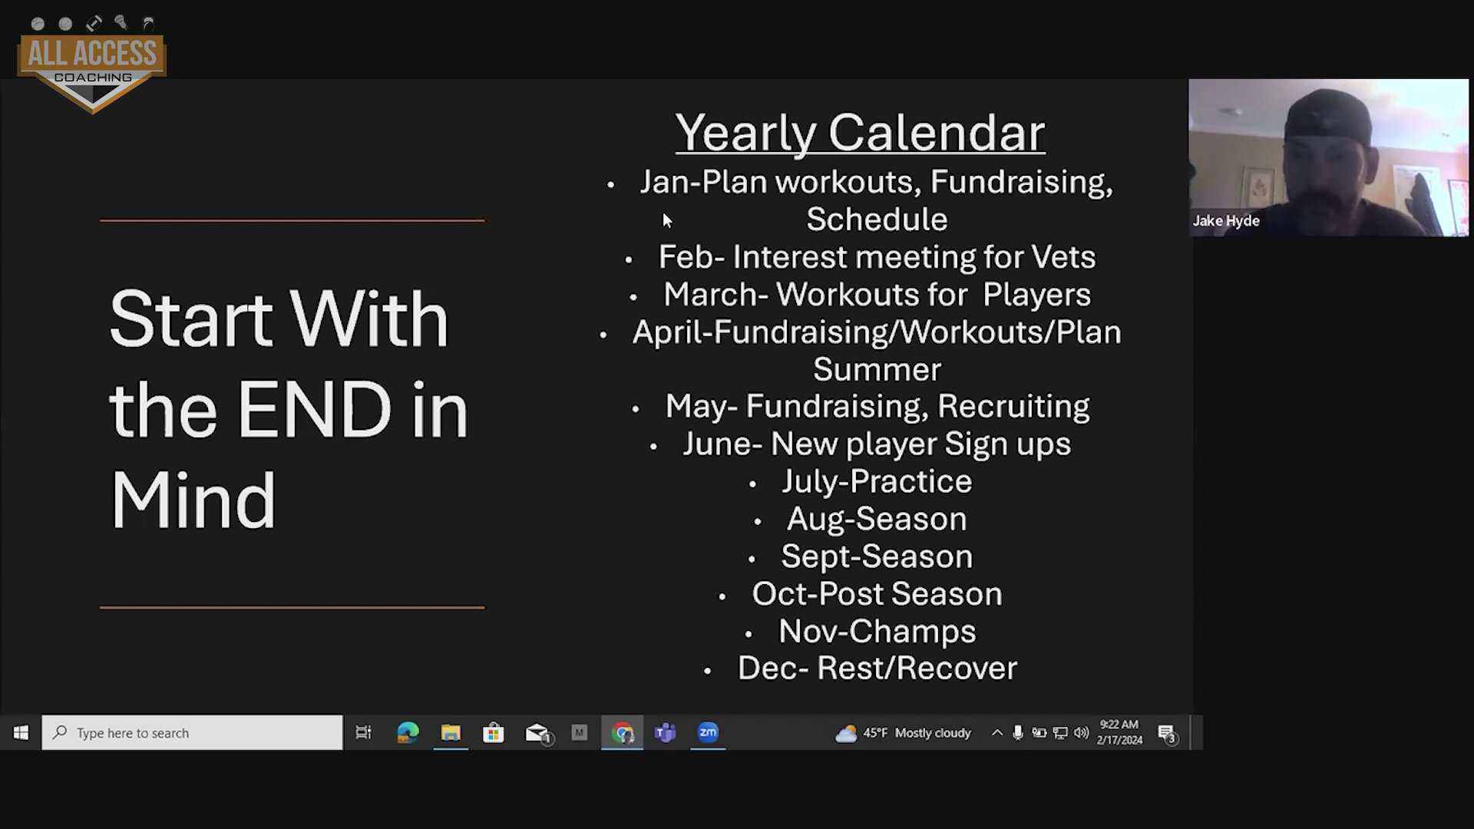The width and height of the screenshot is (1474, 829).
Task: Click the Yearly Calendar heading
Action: point(860,133)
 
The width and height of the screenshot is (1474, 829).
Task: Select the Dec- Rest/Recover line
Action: point(877,668)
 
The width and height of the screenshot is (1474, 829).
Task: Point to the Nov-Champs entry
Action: point(877,631)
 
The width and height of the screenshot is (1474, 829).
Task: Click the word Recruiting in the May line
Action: point(1013,406)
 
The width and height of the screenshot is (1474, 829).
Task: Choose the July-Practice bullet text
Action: point(877,481)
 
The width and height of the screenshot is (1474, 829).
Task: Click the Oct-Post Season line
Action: point(877,593)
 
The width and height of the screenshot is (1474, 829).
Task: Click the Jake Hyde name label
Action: point(1226,221)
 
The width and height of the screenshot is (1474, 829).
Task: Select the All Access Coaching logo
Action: point(92,65)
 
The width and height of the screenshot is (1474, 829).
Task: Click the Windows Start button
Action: point(21,733)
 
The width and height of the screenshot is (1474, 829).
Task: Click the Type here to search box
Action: point(192,733)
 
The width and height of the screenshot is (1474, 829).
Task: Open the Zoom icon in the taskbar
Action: point(708,732)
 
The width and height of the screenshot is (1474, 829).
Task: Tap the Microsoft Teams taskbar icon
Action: point(665,733)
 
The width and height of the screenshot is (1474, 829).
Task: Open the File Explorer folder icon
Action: point(451,733)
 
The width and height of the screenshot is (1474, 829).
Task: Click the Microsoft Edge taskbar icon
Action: point(408,733)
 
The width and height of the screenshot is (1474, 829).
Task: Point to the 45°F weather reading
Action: point(874,733)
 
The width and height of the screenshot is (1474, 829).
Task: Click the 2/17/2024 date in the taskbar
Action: point(1119,741)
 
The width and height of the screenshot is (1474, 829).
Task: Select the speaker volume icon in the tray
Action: point(1081,733)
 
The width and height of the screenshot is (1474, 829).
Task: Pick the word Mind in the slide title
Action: point(193,500)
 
